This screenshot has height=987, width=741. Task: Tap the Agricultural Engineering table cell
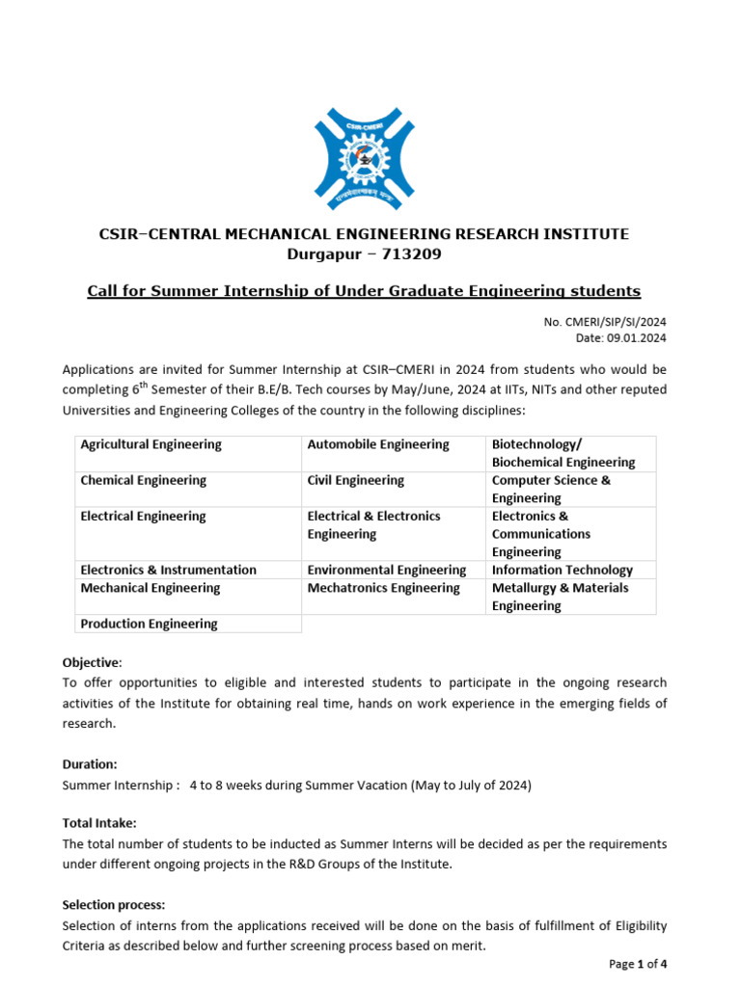point(151,444)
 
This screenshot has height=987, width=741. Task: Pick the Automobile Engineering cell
point(378,444)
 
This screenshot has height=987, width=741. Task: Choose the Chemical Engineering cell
point(144,480)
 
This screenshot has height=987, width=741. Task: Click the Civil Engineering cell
point(356,480)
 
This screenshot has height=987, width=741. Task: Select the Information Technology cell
point(563,570)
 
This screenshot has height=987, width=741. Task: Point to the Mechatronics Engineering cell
point(384,588)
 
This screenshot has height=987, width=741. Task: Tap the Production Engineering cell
point(149,624)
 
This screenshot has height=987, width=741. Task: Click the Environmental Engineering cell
point(387,570)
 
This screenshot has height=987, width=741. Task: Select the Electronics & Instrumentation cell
point(169,570)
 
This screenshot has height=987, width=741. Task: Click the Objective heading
point(92,663)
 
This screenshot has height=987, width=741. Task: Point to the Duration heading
point(90,763)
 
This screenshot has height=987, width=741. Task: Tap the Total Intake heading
point(99,822)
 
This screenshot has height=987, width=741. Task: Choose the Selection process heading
point(114,905)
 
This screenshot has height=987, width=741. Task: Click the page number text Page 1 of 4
point(638,964)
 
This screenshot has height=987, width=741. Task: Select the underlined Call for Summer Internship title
point(364,291)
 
